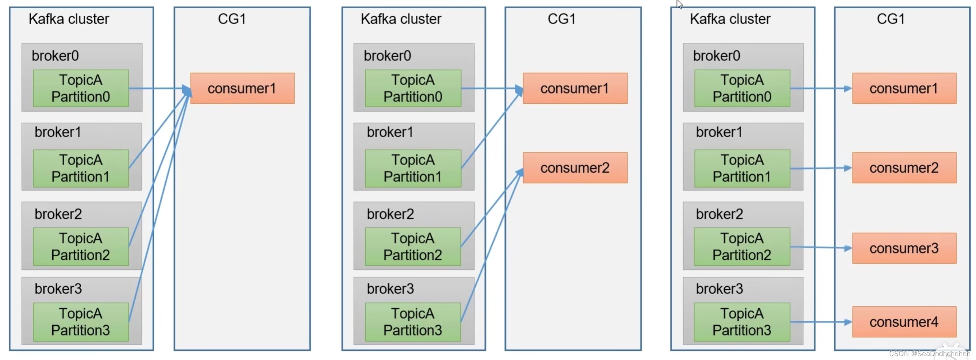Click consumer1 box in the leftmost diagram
coord(242,88)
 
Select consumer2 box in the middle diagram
coord(575,168)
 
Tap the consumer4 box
coord(904,322)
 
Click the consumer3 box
coord(904,248)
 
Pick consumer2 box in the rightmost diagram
coord(904,168)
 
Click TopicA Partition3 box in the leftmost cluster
coord(80,322)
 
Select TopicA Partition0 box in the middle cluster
coord(413,88)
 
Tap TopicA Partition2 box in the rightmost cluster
coord(742,246)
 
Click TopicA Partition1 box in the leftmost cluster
coord(80,168)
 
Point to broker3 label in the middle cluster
coord(390,289)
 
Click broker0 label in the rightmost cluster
coord(716,56)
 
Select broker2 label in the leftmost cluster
coord(58,214)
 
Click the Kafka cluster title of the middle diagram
coord(401,19)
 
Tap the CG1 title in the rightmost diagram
coord(890,19)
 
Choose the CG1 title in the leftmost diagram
coord(232,19)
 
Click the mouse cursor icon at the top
coord(679,4)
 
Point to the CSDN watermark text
coord(929,354)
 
